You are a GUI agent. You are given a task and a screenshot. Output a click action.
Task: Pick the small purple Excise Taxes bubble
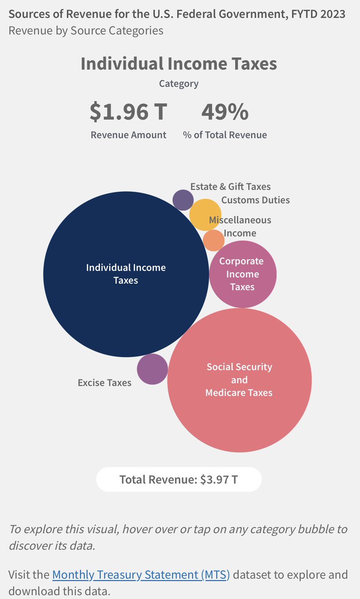point(152,369)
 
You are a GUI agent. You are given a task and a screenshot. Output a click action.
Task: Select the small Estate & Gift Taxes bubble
point(183,200)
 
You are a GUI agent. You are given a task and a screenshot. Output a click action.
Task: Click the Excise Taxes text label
point(104,383)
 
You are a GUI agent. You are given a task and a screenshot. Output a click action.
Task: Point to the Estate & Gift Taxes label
point(230,187)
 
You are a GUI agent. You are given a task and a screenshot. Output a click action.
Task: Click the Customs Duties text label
point(255,200)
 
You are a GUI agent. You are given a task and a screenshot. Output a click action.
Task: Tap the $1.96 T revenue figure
point(128,112)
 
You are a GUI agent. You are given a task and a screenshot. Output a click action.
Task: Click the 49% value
point(225,112)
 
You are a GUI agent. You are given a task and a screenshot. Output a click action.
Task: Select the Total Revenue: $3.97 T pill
point(179,480)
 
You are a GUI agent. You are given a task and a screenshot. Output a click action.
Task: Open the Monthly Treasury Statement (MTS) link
point(141,575)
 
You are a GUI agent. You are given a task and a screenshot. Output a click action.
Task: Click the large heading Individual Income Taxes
point(179,64)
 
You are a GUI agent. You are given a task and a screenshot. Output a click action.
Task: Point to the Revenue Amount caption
point(128,135)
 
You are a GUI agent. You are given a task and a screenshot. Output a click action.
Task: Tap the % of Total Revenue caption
point(225,135)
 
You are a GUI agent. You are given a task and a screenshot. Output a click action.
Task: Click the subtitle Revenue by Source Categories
point(85,30)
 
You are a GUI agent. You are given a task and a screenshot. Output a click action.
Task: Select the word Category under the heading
point(179,84)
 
